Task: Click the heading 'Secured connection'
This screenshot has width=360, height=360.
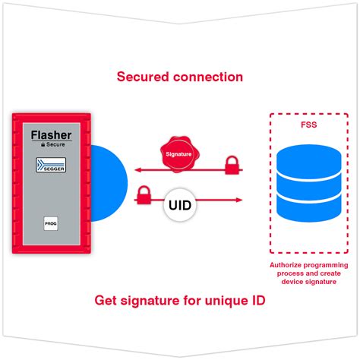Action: pos(179,77)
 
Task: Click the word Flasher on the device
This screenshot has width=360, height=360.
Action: pos(51,134)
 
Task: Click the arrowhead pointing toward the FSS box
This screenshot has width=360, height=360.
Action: pos(238,201)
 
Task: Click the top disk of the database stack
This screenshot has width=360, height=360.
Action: pos(309,161)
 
